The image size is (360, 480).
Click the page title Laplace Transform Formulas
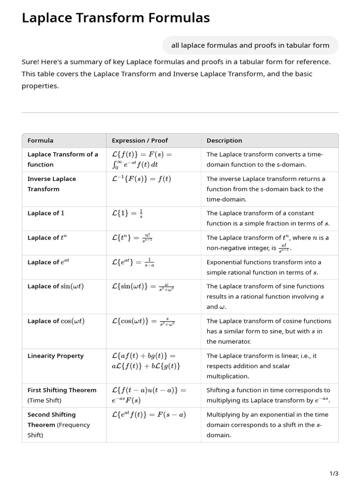[116, 18]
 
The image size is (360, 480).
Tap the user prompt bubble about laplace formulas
[250, 45]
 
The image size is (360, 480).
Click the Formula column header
[40, 141]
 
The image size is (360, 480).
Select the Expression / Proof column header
[140, 141]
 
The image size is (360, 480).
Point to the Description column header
[224, 141]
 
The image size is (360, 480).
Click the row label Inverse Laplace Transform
[52, 184]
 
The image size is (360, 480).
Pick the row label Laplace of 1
[46, 213]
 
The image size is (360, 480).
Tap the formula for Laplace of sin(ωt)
[143, 286]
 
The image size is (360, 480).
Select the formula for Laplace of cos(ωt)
[143, 321]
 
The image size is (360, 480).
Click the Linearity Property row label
[55, 356]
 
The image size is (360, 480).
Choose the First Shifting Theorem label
[62, 390]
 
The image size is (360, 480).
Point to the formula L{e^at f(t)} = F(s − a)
[149, 415]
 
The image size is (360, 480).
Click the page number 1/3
[334, 474]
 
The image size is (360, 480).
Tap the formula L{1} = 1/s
[127, 213]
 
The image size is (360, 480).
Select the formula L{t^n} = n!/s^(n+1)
[132, 238]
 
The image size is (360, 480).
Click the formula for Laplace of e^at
[133, 262]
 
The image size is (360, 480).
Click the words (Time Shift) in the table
[45, 400]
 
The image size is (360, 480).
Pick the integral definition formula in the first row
[142, 159]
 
